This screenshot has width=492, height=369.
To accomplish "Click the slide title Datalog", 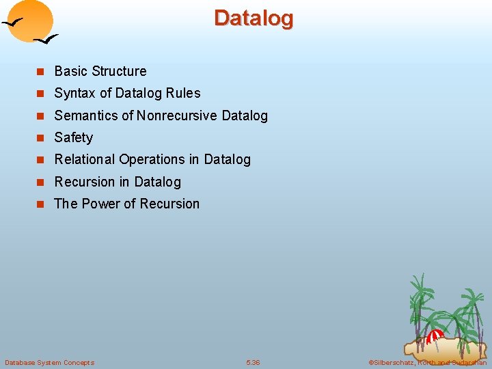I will pos(254,18).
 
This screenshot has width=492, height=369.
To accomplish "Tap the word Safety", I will pos(73,138).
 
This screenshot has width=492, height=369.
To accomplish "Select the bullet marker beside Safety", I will pos(40,138).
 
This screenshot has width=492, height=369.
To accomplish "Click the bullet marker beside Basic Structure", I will pos(40,72).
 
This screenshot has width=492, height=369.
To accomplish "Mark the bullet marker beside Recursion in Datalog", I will pos(40,182).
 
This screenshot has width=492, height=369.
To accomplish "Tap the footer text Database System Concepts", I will pos(49,362).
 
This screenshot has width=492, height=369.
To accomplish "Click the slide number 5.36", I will pos(253,362).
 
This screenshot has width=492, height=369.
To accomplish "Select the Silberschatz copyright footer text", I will pos(427,362).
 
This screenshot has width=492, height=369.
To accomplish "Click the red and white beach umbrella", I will pos(434,336).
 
